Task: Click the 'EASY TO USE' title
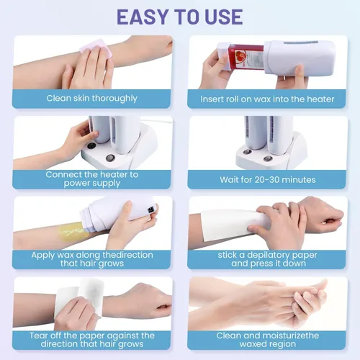tap(180, 17)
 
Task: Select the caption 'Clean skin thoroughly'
tap(92, 99)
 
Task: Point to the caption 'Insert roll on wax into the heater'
tap(267, 99)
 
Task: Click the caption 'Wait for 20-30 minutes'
tap(268, 180)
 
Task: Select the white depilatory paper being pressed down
tap(230, 225)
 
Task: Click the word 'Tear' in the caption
tap(39, 336)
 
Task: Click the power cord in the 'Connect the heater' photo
tap(156, 121)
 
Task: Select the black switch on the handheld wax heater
tap(150, 210)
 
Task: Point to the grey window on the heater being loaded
tap(301, 42)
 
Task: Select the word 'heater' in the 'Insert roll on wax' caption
tap(320, 99)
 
